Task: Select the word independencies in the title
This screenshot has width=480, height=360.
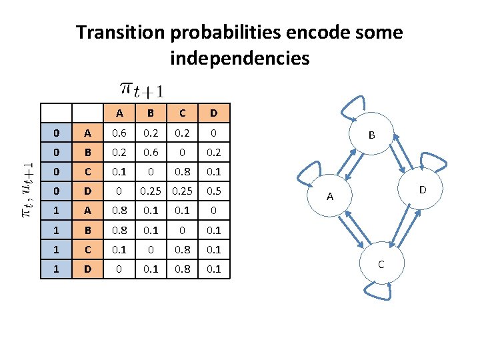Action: tap(240, 59)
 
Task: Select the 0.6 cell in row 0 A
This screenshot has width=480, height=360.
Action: tap(119, 132)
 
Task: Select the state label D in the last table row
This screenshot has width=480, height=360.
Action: tap(87, 269)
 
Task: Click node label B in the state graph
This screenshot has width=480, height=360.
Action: tap(372, 135)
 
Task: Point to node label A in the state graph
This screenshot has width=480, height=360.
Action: tap(329, 196)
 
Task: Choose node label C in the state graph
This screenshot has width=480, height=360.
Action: tap(380, 264)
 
